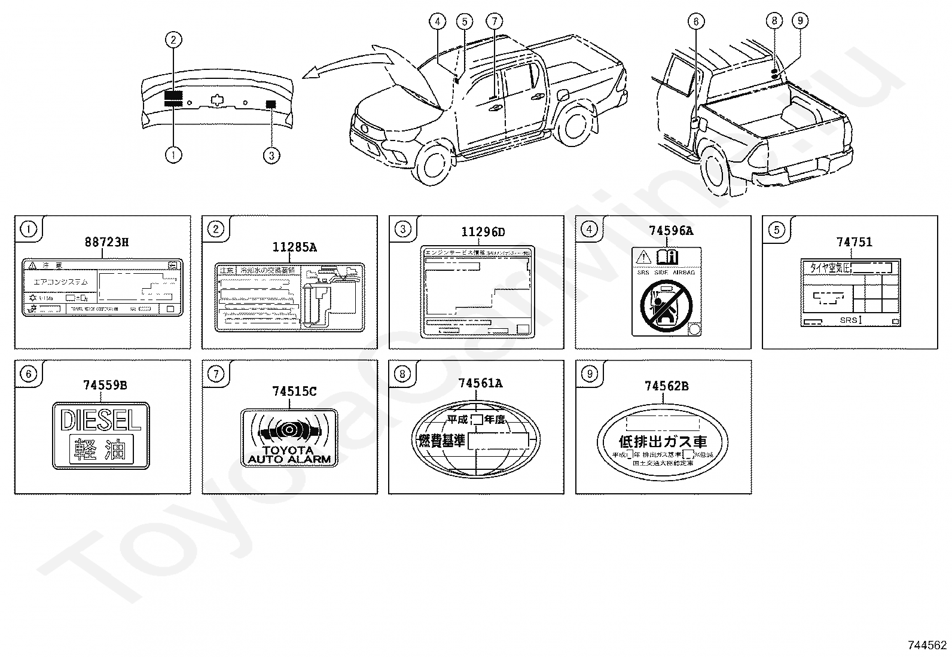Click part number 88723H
tap(106, 242)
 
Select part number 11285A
tap(295, 247)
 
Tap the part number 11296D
tap(483, 231)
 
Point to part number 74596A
tap(671, 231)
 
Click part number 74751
tap(854, 242)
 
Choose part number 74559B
tap(105, 386)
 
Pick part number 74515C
tap(294, 391)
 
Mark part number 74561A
tap(480, 383)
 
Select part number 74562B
tap(666, 386)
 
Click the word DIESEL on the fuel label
tap(101, 420)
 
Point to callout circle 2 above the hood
tap(173, 40)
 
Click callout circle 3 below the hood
tap(271, 155)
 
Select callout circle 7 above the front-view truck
tap(495, 22)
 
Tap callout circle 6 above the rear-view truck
tap(695, 22)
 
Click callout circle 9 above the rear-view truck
tap(800, 21)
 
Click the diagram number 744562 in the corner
tap(927, 644)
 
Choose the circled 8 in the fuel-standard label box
tap(402, 374)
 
